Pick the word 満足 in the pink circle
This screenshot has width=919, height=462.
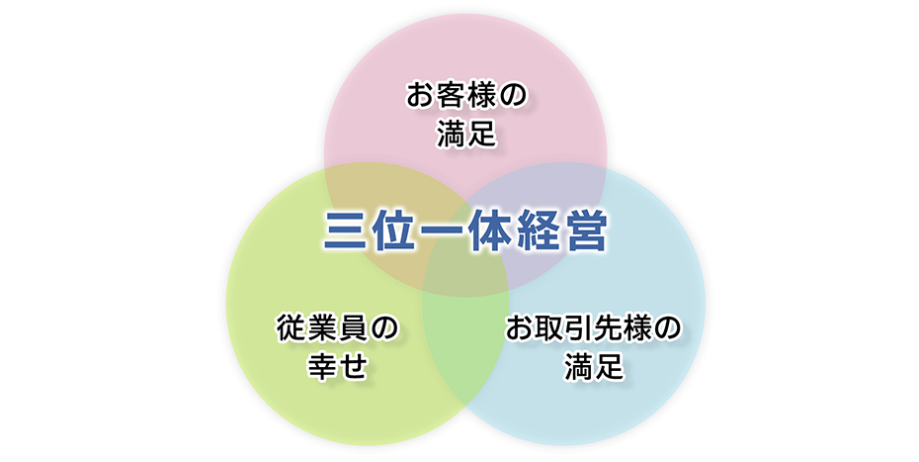pos(466,135)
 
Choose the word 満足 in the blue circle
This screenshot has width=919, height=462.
pos(594,366)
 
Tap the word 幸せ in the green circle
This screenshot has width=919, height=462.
pos(338,367)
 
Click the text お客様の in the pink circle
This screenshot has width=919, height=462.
pos(466,96)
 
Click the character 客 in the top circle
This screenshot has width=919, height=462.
pos(452,96)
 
